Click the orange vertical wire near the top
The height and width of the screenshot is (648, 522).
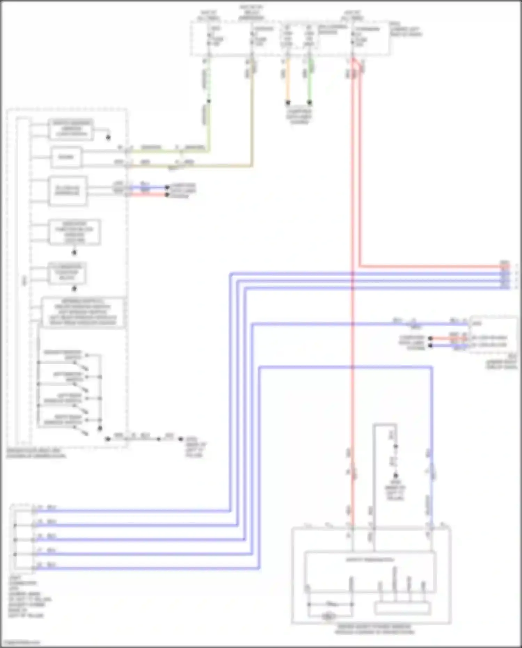pos(287,80)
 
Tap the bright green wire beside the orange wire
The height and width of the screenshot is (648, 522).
pos(309,80)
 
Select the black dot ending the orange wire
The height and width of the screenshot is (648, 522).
pos(288,103)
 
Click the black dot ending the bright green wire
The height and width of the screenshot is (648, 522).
pos(309,103)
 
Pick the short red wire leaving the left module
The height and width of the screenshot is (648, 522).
pos(148,195)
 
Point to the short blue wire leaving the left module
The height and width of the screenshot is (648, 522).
pos(148,188)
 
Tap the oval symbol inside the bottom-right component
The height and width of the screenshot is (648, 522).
pos(328,616)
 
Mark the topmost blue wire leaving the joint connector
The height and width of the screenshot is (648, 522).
pos(132,511)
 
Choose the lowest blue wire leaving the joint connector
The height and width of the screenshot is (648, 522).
pos(146,569)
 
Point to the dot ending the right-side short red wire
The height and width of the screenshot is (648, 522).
pos(430,338)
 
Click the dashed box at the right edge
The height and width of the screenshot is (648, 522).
pos(493,335)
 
